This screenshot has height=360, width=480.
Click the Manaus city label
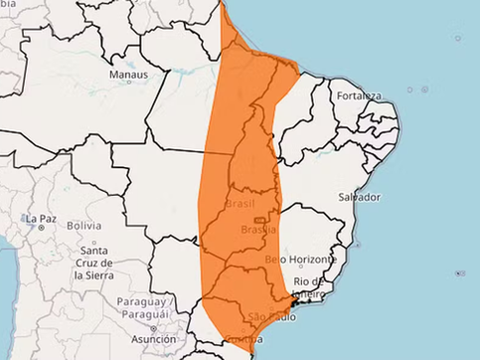point(129,75)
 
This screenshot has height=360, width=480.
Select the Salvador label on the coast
point(358,197)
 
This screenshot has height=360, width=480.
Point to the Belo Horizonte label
point(295,260)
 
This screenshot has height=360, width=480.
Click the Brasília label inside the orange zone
point(258,231)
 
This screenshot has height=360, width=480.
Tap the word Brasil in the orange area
point(240,204)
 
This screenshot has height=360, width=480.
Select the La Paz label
point(41,219)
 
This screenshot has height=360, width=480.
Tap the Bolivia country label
point(83,227)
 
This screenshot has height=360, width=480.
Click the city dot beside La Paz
point(42,228)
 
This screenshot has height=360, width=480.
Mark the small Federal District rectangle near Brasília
point(260,219)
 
